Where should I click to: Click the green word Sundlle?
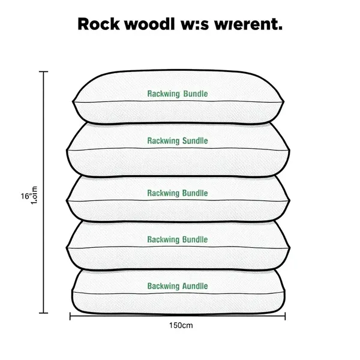[x=193, y=141]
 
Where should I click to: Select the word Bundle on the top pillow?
[x=194, y=94]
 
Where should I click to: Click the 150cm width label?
[x=180, y=326]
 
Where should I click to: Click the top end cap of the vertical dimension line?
[x=44, y=72]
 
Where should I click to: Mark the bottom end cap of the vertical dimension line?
[x=44, y=313]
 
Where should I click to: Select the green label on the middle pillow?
[x=178, y=193]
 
